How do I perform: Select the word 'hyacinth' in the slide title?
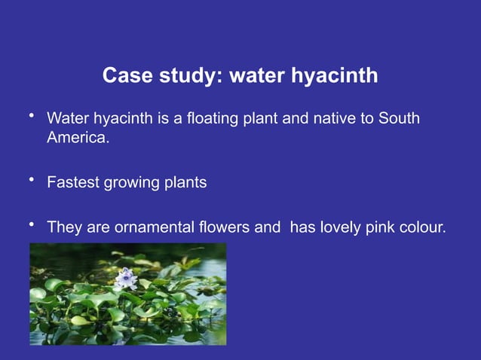pyautogui.click(x=332, y=77)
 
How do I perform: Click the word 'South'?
pyautogui.click(x=399, y=120)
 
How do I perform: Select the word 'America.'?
pyautogui.click(x=78, y=139)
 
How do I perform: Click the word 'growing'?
pyautogui.click(x=132, y=183)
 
